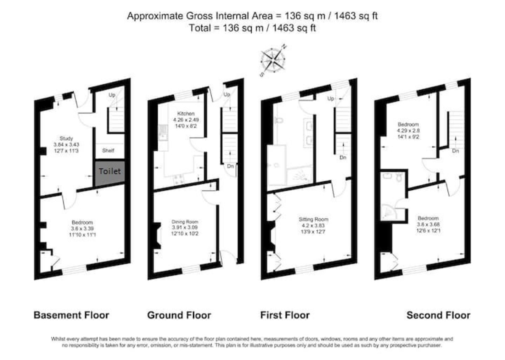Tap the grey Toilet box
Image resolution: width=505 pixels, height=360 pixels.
[x=109, y=172]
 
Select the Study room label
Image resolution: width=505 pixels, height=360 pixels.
[x=66, y=138]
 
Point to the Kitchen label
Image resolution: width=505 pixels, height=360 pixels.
[x=186, y=114]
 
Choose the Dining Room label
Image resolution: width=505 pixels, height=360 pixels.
[x=185, y=221]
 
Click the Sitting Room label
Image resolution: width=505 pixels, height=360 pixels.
[x=314, y=219]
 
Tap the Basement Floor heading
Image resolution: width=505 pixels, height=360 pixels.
[x=71, y=315]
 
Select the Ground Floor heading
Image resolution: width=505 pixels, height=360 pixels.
[x=179, y=315]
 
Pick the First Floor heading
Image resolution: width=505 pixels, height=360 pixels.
[x=285, y=315]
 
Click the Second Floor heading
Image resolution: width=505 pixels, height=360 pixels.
[x=438, y=315]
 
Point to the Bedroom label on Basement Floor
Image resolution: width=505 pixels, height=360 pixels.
[x=82, y=222]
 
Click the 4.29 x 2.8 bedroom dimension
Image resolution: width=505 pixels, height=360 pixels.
[x=409, y=131]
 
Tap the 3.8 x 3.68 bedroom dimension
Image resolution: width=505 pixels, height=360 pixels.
[x=428, y=224]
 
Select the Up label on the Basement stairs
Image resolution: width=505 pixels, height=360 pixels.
[x=112, y=95]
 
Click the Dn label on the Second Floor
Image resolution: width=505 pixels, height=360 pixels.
[x=455, y=150]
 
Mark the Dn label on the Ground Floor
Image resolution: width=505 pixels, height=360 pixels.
[x=230, y=166]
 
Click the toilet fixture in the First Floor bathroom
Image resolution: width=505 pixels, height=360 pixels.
[x=278, y=121]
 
